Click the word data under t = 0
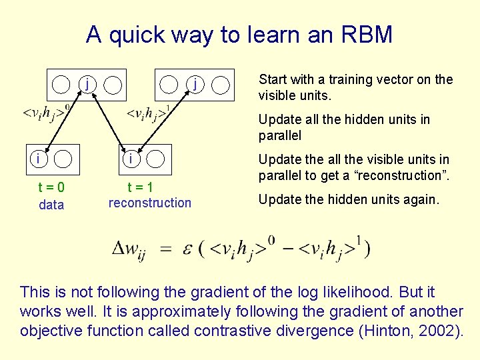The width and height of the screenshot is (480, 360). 51,205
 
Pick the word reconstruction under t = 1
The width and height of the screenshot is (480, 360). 149,203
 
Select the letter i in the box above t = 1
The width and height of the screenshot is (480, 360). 131,159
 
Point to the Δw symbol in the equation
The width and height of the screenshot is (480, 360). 129,250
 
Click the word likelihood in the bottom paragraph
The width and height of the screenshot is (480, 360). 339,292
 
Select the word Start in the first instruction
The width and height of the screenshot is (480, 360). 273,80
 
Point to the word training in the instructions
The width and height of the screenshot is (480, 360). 345,80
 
